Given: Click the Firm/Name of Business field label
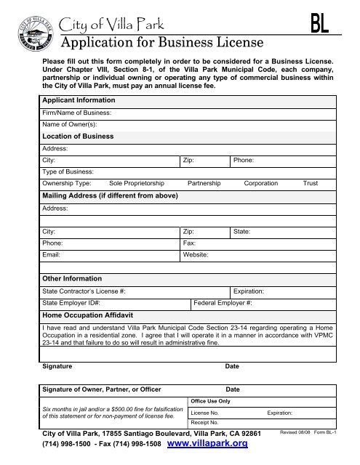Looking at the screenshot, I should [76, 113].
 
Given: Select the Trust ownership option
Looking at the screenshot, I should [311, 183].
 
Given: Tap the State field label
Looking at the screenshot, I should [241, 231].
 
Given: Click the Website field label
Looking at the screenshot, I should [196, 255].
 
